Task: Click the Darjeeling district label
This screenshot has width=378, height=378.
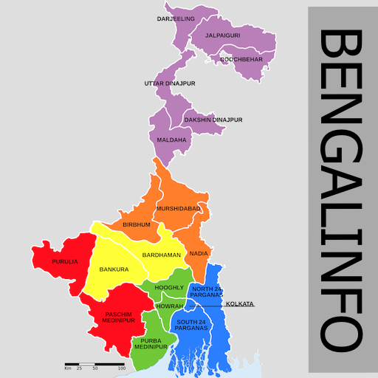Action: (176, 18)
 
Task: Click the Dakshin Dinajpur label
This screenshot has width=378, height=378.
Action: (213, 120)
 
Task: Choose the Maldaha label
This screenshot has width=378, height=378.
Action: (172, 139)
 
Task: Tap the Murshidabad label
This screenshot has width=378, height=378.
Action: (178, 209)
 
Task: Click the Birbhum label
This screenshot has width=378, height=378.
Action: (137, 224)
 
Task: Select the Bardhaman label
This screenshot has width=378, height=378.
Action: (161, 255)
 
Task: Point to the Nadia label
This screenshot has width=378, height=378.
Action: (199, 253)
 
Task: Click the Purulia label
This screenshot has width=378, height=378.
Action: (65, 261)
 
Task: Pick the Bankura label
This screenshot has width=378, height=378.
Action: (114, 269)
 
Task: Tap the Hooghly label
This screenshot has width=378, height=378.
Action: (169, 286)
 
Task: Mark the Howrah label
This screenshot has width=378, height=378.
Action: (169, 305)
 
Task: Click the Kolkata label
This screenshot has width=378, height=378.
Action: (240, 303)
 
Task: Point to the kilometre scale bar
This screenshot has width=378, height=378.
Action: (94, 365)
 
